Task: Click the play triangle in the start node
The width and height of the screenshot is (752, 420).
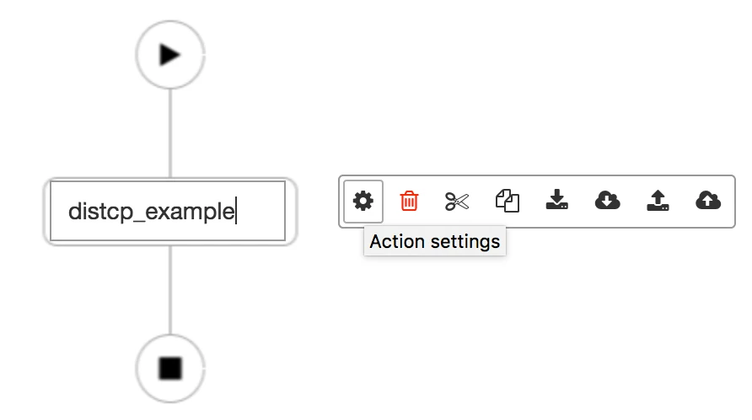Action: (x=169, y=55)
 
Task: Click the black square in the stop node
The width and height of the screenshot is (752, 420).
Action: (x=170, y=369)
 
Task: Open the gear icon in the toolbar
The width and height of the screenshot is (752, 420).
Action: (x=363, y=201)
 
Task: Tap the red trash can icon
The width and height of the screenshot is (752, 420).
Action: (x=409, y=201)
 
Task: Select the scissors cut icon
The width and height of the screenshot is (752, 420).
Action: (x=457, y=201)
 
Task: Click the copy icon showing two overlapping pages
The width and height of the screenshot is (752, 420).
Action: (x=508, y=201)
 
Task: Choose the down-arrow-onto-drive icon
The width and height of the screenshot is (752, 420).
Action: (x=556, y=200)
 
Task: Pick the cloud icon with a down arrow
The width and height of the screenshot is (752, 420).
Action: (x=607, y=200)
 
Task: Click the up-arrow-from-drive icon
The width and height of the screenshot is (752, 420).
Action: (x=658, y=200)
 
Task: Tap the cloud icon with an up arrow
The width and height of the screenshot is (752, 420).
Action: (x=708, y=200)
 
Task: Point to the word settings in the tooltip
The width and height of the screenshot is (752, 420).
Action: (x=465, y=242)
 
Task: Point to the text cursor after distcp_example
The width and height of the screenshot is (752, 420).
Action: (x=236, y=211)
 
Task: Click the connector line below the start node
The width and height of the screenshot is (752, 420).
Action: (x=170, y=133)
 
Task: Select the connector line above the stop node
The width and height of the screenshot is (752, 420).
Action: (x=170, y=290)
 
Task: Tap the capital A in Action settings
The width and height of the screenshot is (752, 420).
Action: (x=376, y=241)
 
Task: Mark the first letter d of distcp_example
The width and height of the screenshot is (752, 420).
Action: (x=74, y=211)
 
